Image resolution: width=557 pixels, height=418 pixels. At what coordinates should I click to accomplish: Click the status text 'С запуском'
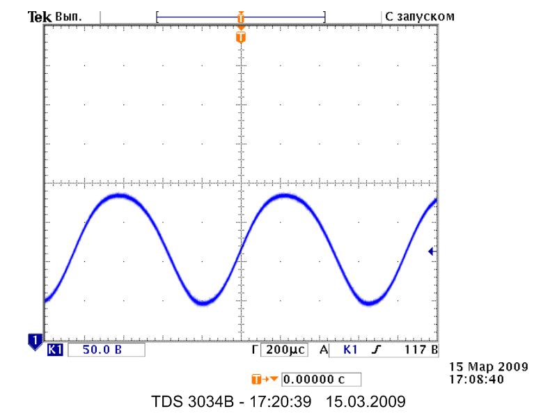pos(419,16)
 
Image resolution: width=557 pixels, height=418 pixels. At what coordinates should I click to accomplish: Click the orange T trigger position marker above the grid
pos(241,36)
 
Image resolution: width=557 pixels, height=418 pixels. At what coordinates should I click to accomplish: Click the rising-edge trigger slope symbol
pos(375,350)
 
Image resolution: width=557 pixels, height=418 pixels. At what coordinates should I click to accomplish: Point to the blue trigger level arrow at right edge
pos(432,251)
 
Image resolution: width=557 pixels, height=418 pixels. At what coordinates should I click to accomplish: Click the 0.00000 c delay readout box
pos(322,380)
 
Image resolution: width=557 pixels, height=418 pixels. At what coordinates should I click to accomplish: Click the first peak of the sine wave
pos(120,195)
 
